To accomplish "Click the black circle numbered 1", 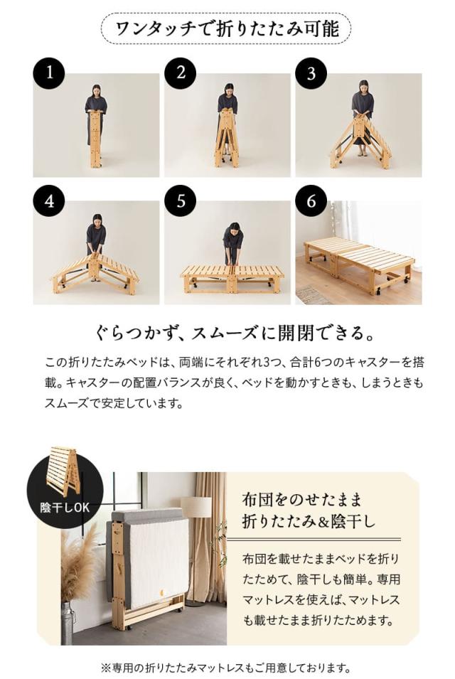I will (48, 73).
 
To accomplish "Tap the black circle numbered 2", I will (180, 73).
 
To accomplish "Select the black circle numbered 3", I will (311, 73).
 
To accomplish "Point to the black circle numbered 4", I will (48, 201).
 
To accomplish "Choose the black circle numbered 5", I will (180, 201).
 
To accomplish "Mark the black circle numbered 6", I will (311, 201).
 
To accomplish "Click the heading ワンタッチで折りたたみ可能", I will (227, 29).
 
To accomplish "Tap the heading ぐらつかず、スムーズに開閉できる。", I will (227, 333).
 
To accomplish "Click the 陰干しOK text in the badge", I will (65, 507).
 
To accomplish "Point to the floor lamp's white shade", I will (196, 507).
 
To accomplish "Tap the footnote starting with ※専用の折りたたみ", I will (227, 668).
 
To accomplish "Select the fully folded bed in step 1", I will (95, 139).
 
